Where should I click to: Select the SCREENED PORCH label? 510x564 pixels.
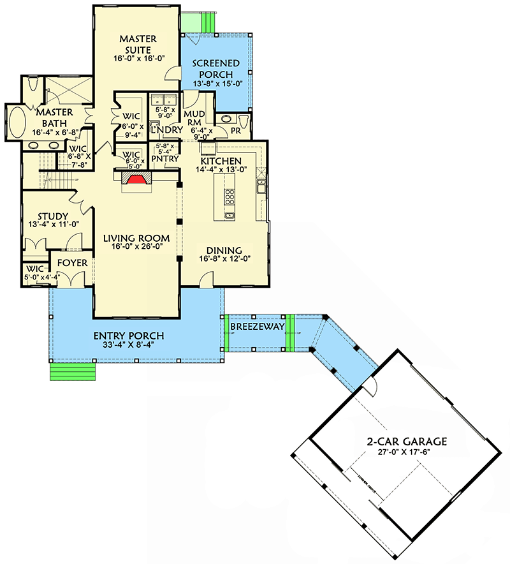coord(216,69)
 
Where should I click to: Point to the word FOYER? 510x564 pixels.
coord(69,263)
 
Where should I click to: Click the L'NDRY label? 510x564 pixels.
coord(163,130)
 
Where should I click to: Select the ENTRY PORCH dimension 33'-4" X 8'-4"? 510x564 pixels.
coord(129,345)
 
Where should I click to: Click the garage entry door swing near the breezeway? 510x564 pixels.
coord(372,387)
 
